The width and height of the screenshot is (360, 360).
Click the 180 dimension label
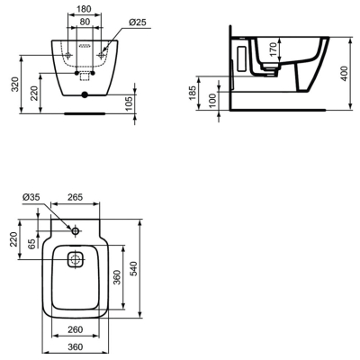pos(84,9)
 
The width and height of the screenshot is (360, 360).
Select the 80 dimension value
pos(85,22)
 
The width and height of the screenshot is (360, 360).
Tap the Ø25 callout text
pos(137,22)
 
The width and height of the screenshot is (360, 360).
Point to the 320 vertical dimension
pos(15,85)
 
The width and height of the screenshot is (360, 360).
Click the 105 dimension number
pos(129,103)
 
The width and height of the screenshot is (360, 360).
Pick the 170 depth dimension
pos(273,49)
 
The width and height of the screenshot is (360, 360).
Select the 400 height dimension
pos(344,73)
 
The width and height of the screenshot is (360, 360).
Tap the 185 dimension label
pos(193,93)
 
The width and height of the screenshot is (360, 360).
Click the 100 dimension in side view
pos(211,101)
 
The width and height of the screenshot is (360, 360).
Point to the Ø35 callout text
pos(31,197)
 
